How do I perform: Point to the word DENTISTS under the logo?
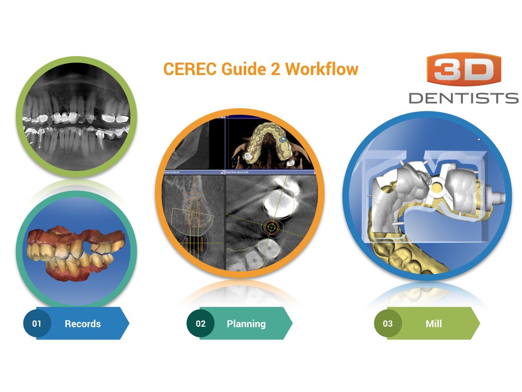point(463,97)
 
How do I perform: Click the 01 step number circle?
point(37,324)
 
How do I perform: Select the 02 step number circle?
point(200,324)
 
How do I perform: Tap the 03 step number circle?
point(387,324)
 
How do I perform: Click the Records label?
point(83,324)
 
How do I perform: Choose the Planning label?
point(246,324)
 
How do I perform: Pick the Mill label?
point(434,324)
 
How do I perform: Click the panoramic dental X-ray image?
point(76,117)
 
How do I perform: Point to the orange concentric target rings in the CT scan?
point(271,228)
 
